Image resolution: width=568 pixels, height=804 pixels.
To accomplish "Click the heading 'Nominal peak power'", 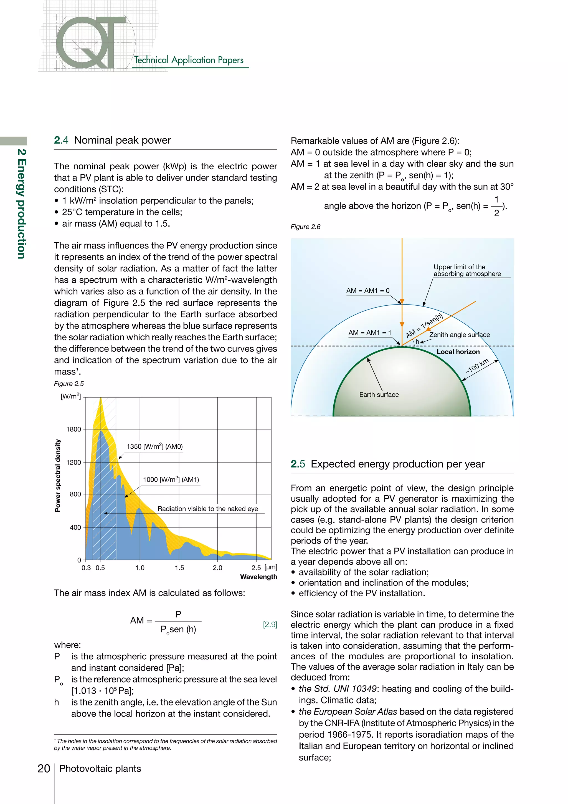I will point(122,140).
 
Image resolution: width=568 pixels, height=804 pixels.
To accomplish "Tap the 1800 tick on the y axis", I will point(73,429).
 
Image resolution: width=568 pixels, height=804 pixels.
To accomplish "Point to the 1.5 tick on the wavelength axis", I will point(179,568).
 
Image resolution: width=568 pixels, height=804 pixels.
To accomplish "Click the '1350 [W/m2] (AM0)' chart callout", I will point(154,446).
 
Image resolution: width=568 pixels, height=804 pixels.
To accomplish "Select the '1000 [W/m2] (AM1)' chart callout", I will point(171,479).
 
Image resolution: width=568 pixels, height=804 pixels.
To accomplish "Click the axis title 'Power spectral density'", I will point(58,476).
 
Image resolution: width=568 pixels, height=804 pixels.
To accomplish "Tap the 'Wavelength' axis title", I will point(258,577).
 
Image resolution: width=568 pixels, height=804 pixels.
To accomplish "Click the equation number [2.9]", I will point(270,624).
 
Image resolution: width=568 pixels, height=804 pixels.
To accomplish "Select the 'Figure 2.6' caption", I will point(305,227).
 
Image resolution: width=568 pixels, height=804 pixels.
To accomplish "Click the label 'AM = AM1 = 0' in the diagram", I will point(367,291).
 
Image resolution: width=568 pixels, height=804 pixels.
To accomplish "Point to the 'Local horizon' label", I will point(458,351).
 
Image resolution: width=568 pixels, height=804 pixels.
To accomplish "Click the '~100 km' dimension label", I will point(477,366).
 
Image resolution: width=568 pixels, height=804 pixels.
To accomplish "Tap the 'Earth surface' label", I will point(379,395).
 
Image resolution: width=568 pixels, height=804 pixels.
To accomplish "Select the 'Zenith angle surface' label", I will point(459,335).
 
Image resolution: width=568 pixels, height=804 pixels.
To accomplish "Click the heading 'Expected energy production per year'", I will point(397,464).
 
